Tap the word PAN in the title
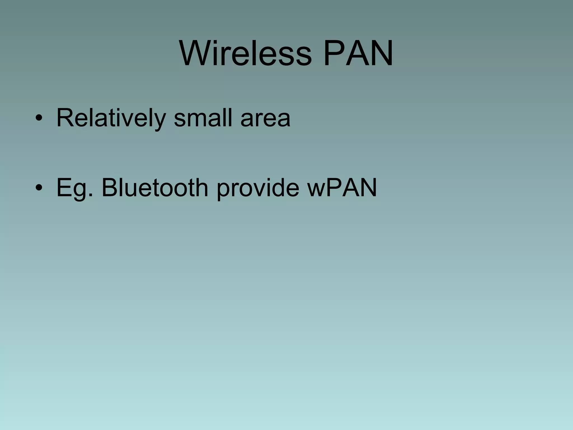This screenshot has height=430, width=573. pos(358,53)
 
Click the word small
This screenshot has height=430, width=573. pos(203,118)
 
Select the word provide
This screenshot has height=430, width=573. pos(258,188)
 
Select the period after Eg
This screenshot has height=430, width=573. pos(90,195)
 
